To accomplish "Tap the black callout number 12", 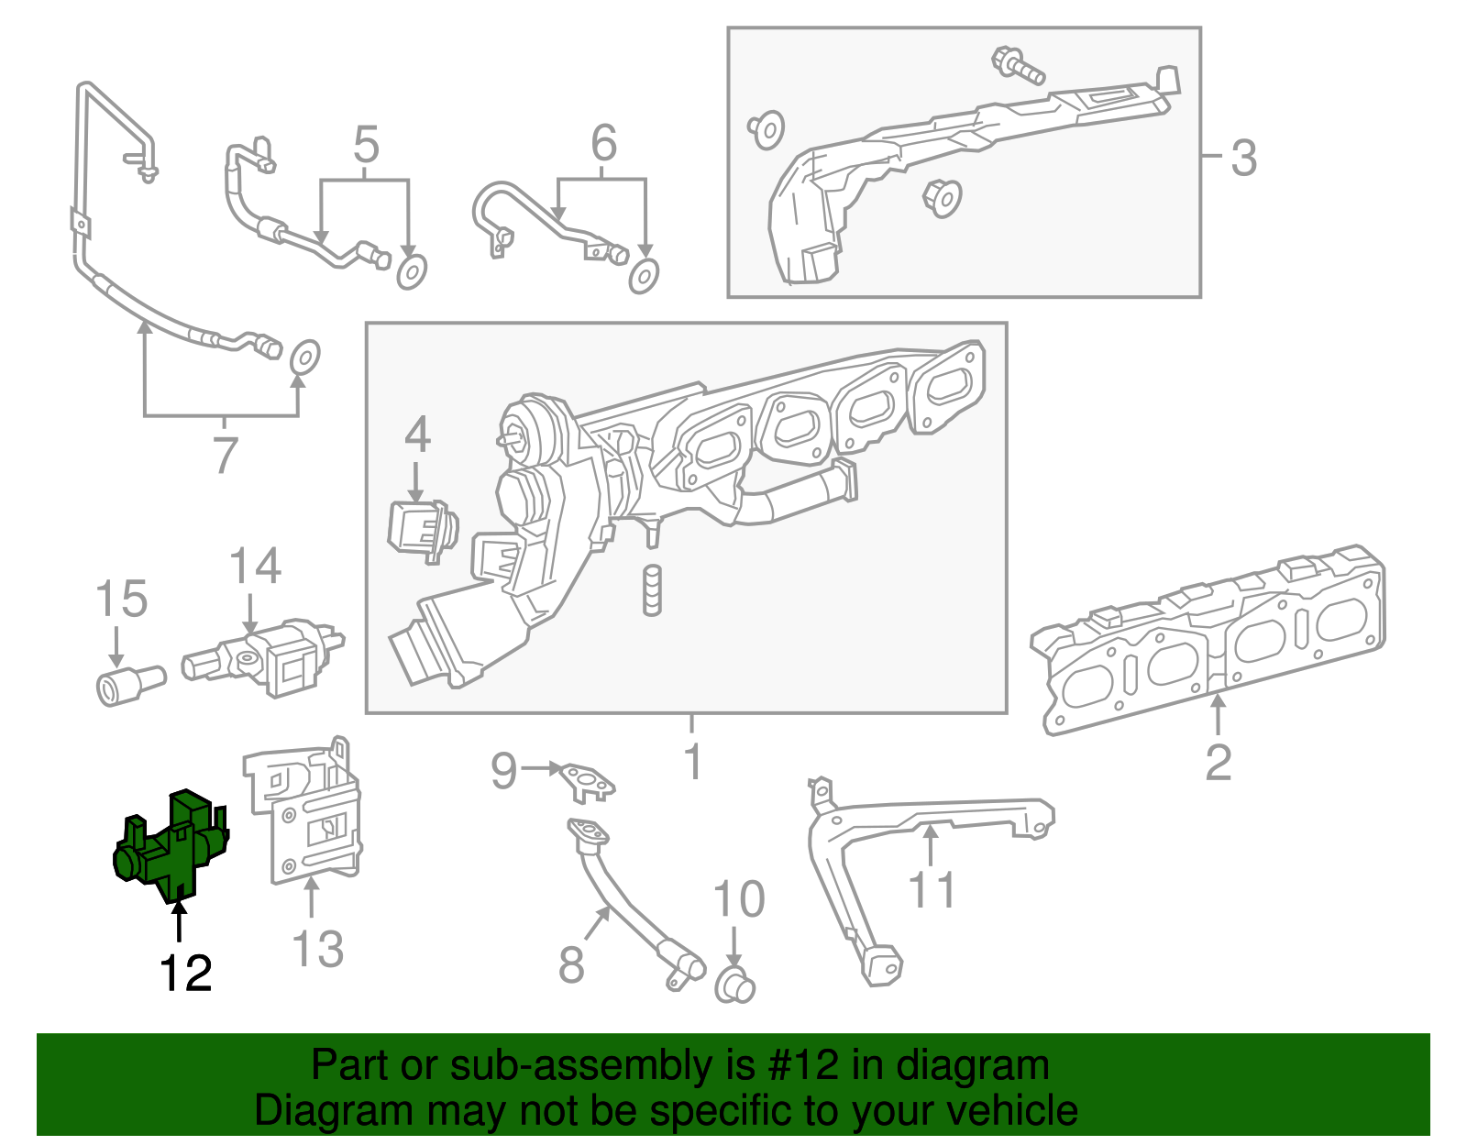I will (x=185, y=974).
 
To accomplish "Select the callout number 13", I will (x=318, y=950).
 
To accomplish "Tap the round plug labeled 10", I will (x=733, y=986).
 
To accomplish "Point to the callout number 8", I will (x=571, y=964).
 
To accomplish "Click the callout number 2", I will (x=1218, y=763).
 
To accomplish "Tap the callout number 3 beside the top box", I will (x=1243, y=158).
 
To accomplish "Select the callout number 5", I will (x=366, y=145).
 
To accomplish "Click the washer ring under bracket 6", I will (x=644, y=275).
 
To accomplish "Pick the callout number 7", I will (x=226, y=456).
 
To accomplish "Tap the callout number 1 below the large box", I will (x=693, y=762).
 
